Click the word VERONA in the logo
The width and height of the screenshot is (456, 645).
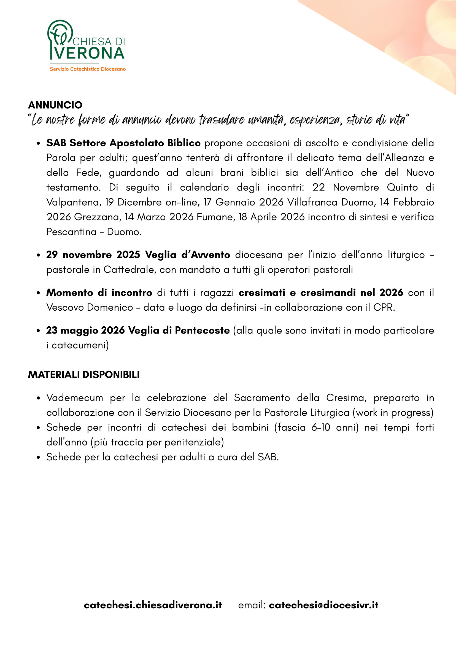tap(89, 53)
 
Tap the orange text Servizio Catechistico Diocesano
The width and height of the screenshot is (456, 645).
tap(88, 69)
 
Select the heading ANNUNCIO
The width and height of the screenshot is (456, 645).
tap(55, 105)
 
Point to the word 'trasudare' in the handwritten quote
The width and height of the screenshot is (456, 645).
tap(222, 120)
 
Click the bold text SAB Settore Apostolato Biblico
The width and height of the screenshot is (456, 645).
tap(123, 143)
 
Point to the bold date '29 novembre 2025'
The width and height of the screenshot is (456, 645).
tap(93, 255)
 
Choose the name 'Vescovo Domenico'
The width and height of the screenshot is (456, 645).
tap(90, 308)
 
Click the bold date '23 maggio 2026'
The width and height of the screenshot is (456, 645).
tap(85, 330)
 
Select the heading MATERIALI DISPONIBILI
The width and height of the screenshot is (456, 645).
tap(84, 375)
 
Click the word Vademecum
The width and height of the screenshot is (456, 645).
tap(75, 398)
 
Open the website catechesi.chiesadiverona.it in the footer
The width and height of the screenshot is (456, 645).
tap(153, 605)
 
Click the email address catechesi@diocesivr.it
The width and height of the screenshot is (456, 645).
tap(323, 605)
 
